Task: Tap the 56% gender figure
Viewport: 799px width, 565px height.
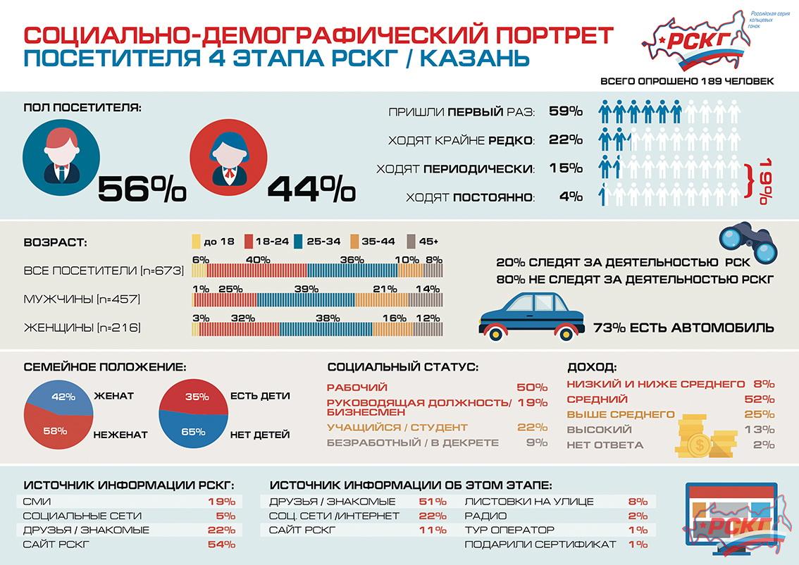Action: [141, 188]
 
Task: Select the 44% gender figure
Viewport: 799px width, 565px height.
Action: [311, 188]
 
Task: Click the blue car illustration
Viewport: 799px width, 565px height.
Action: [533, 315]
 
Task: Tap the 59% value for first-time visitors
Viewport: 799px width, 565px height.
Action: [565, 111]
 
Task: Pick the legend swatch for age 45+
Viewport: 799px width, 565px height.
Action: [411, 242]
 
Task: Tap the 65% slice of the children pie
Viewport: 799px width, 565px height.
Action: [192, 430]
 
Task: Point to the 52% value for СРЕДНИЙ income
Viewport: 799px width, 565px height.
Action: [759, 399]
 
